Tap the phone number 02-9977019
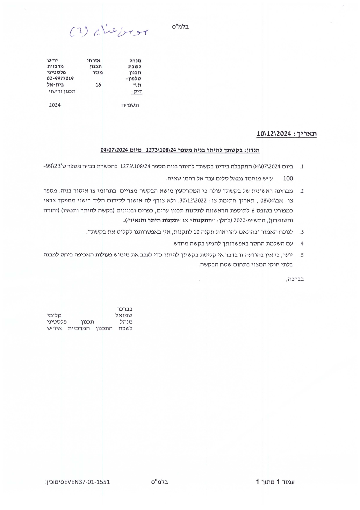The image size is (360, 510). [x=60, y=78]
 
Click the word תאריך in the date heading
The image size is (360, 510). [x=306, y=134]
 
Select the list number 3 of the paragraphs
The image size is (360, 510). [x=302, y=232]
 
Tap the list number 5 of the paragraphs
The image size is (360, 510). [x=302, y=255]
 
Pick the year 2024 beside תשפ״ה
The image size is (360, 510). [x=55, y=105]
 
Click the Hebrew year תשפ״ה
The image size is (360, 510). [x=130, y=105]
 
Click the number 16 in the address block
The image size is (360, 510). [x=98, y=85]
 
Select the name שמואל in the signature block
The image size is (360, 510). [x=124, y=315]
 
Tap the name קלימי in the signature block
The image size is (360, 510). [x=54, y=315]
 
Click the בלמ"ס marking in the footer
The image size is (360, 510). [x=160, y=482]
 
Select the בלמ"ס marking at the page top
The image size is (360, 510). [x=181, y=27]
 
